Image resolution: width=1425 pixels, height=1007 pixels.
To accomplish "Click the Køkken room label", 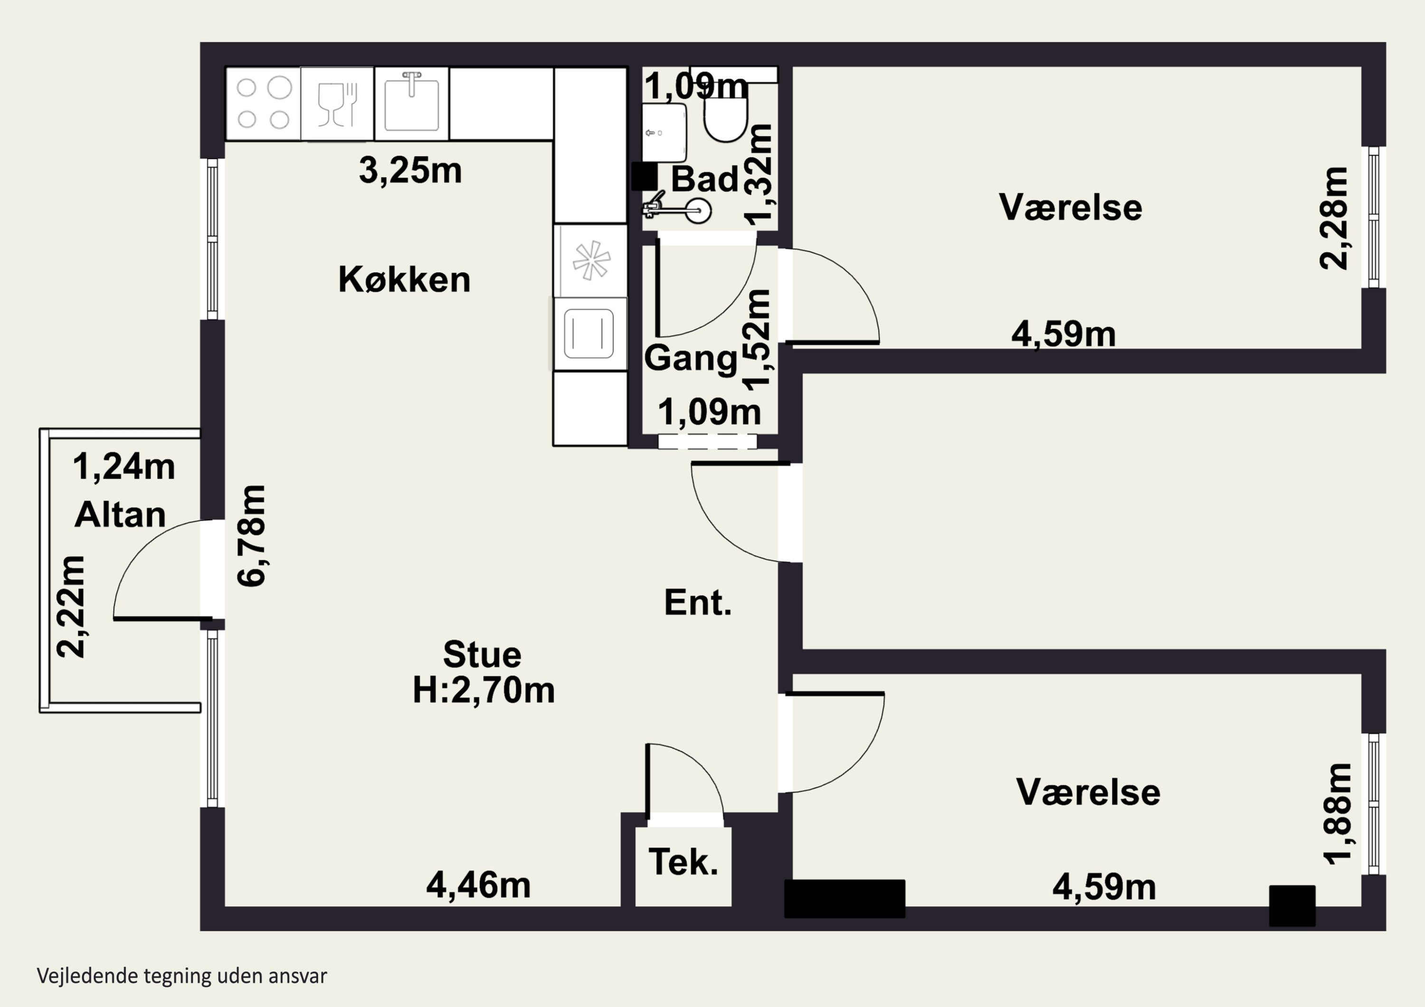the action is coord(404,279).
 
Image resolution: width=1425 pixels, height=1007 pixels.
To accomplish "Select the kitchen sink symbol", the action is coord(411,104).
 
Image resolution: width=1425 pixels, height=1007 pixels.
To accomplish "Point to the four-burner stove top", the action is coord(263,104).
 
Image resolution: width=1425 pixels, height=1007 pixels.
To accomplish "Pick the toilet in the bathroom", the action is coord(725,122).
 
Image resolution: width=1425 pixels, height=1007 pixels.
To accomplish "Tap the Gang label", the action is coord(690,358).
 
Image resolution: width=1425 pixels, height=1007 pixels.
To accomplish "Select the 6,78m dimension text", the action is coord(251,536).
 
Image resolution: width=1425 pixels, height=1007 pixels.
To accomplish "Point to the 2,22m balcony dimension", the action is coord(70,606).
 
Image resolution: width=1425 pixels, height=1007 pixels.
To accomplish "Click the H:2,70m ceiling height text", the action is coord(484,690).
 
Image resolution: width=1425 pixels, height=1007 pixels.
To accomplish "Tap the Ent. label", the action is coord(698,602).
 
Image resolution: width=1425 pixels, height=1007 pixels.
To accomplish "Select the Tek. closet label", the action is coord(684,862).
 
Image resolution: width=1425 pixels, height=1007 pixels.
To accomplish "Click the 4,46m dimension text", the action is coord(478,885).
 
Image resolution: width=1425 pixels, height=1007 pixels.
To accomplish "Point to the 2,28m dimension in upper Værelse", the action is coord(1334,218).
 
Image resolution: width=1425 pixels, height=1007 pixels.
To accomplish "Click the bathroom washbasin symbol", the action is coord(664,132).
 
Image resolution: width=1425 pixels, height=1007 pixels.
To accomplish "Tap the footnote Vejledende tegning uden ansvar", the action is coord(182,976).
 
